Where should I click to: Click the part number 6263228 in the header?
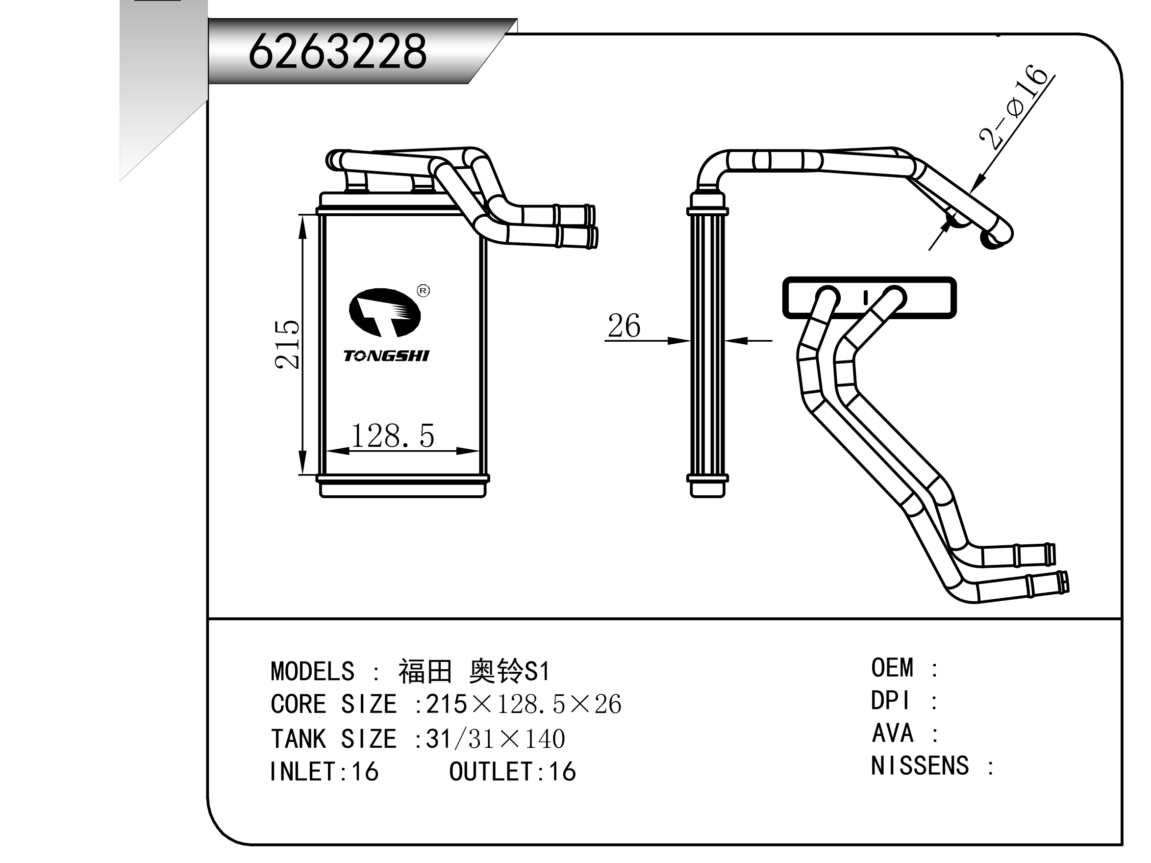click(x=337, y=51)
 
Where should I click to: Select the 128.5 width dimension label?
click(x=392, y=436)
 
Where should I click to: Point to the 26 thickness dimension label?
click(x=624, y=327)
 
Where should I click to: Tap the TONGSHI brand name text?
click(x=386, y=356)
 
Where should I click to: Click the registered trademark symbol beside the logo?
click(x=424, y=291)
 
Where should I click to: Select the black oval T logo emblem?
click(x=384, y=312)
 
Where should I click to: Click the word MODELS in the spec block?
click(x=312, y=671)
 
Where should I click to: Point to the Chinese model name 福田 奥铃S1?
click(x=474, y=671)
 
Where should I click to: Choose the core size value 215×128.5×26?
click(x=524, y=704)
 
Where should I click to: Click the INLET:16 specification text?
click(x=324, y=772)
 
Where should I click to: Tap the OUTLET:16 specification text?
click(x=513, y=772)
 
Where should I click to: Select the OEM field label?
click(x=892, y=668)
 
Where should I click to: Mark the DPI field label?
click(x=891, y=701)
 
